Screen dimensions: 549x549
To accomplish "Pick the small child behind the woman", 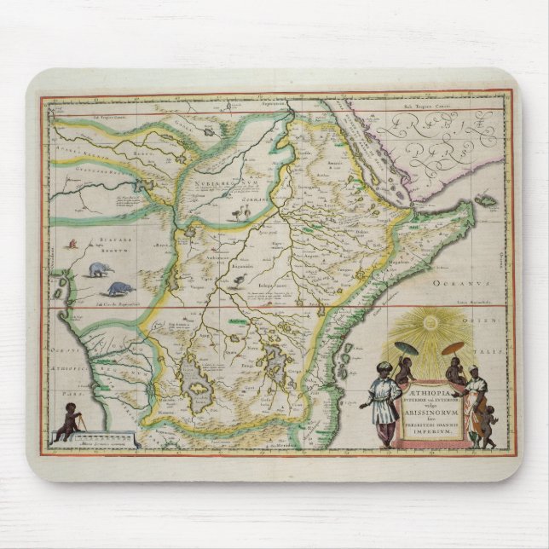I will coord(490,423).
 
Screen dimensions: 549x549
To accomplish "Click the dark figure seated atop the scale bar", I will coord(71,423).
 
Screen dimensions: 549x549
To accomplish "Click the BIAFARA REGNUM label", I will coord(95,246).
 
